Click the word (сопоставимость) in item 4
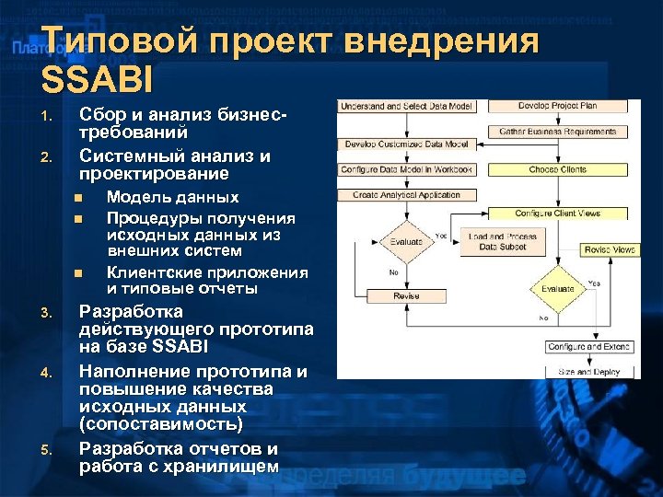(x=161, y=424)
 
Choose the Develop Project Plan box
(x=557, y=107)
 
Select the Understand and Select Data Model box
(x=406, y=107)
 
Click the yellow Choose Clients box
(x=558, y=169)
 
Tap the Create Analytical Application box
(x=406, y=195)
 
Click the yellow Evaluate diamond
(x=558, y=288)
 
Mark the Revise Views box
(x=610, y=249)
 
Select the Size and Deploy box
(x=588, y=372)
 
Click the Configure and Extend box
(x=588, y=347)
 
